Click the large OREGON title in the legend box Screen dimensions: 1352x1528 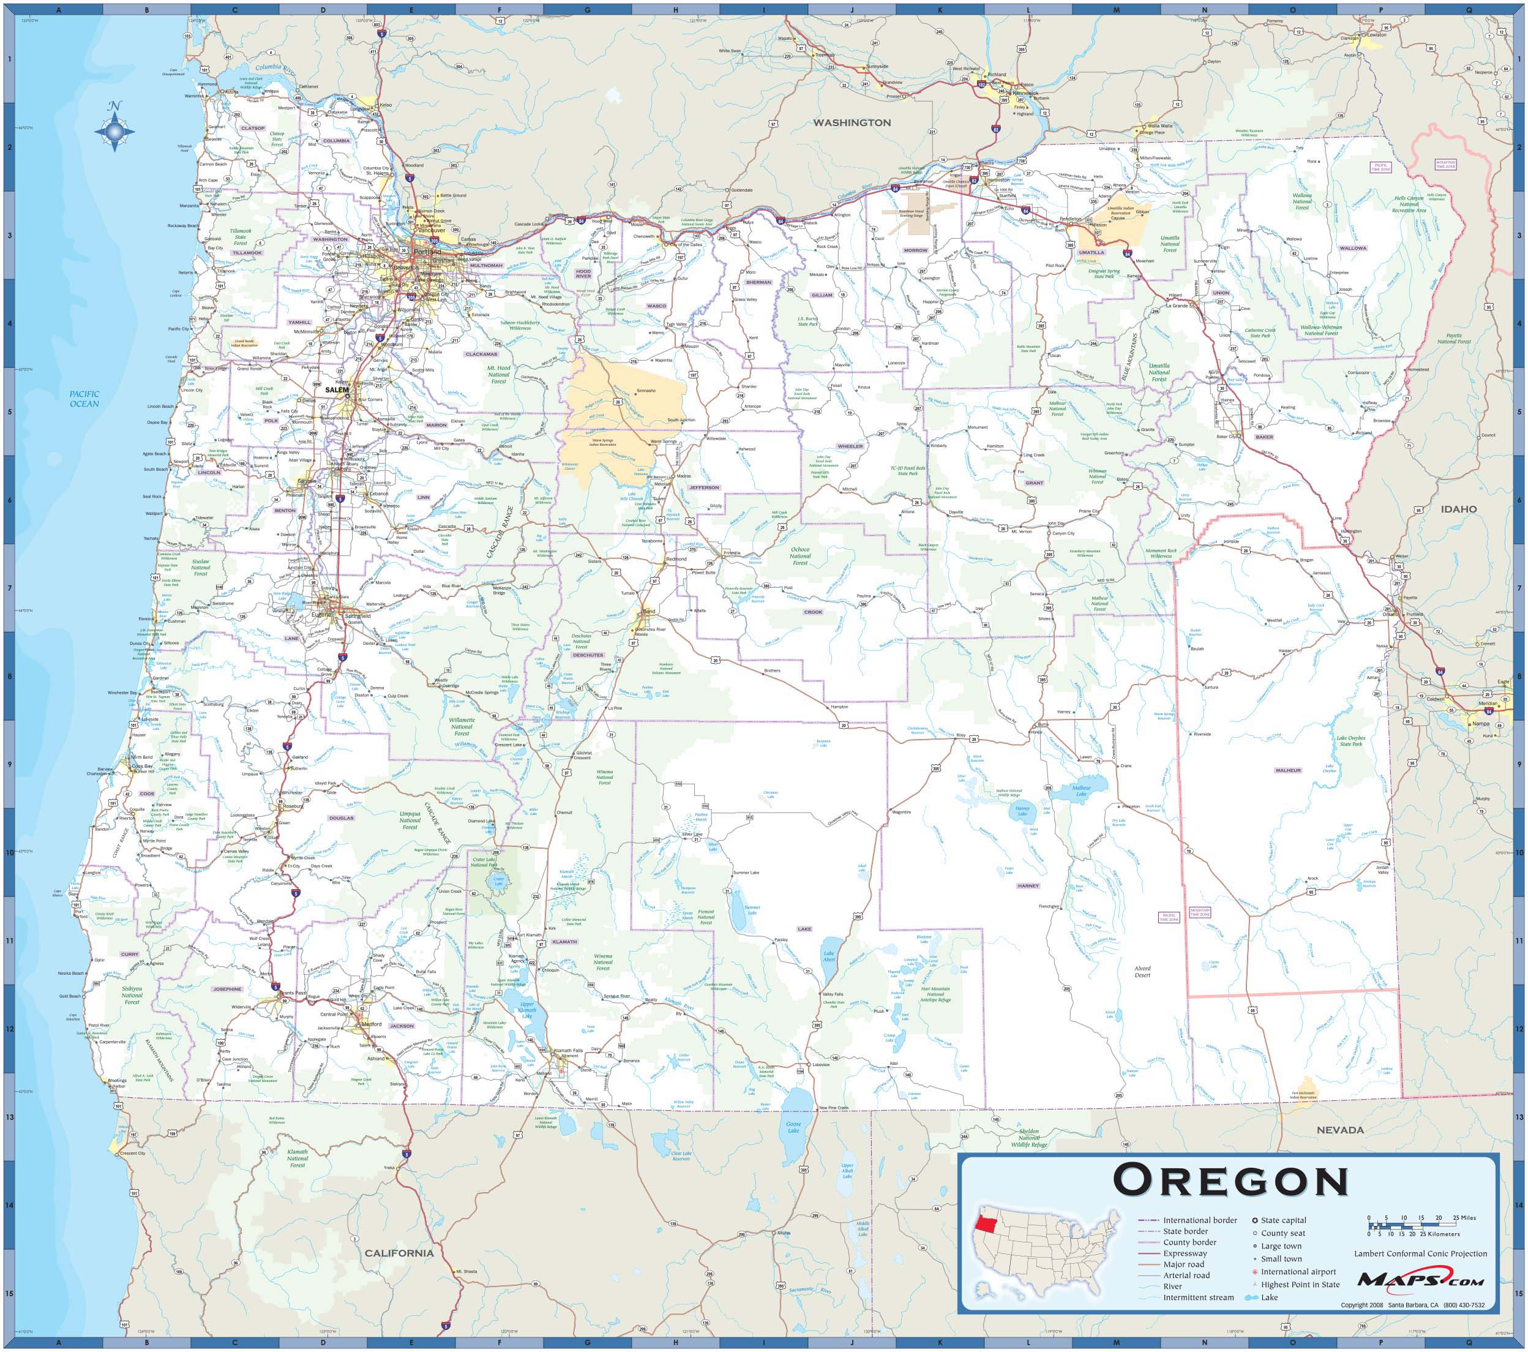click(x=1230, y=1182)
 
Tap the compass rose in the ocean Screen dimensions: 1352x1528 click(x=114, y=132)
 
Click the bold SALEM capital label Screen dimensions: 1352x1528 click(x=337, y=389)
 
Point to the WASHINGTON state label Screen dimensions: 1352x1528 click(x=852, y=122)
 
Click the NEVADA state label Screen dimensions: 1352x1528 click(x=1340, y=1130)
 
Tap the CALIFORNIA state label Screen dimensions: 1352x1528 click(x=399, y=1253)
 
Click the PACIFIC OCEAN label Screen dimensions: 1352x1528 click(x=84, y=399)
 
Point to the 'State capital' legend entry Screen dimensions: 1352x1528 click(x=1284, y=1220)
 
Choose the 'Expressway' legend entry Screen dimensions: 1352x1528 click(x=1184, y=1253)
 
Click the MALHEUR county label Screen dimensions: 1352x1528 click(x=1289, y=770)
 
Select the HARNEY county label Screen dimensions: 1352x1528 click(x=1028, y=885)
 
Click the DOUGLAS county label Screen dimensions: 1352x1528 click(x=341, y=818)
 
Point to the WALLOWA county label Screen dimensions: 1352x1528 click(x=1352, y=247)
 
